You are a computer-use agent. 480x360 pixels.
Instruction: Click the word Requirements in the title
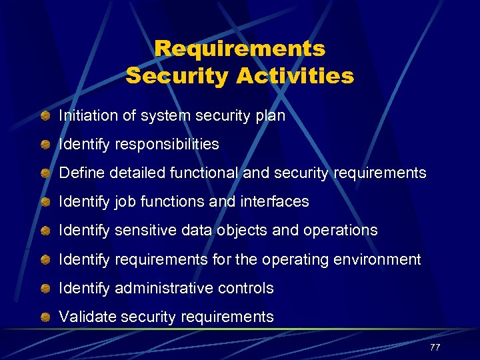240,49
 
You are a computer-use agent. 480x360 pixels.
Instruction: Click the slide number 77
435,347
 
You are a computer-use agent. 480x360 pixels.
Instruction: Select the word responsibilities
167,145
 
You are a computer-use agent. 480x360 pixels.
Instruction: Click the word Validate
83,317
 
